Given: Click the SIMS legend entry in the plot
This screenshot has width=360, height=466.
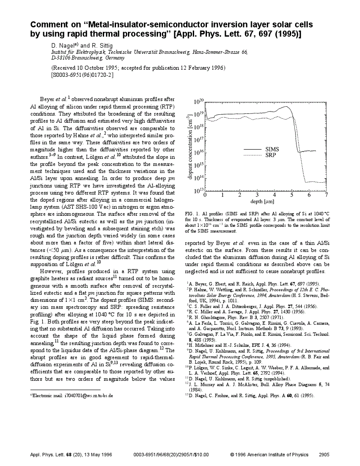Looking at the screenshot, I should click(x=272, y=149).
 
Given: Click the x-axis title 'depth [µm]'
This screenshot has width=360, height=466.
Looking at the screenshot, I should click(x=263, y=201).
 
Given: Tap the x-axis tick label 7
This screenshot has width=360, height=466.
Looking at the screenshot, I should click(x=326, y=195).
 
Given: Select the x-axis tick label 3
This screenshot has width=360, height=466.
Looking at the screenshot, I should click(x=257, y=195).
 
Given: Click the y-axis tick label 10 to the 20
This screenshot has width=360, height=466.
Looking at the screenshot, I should click(x=199, y=102).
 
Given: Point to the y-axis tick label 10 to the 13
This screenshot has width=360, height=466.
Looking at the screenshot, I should click(x=199, y=191).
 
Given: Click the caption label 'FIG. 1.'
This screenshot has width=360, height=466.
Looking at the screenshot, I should click(x=192, y=214).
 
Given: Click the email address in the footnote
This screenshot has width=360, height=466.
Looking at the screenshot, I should click(x=88, y=396).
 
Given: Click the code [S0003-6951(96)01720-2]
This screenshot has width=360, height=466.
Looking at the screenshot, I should click(x=82, y=75).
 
